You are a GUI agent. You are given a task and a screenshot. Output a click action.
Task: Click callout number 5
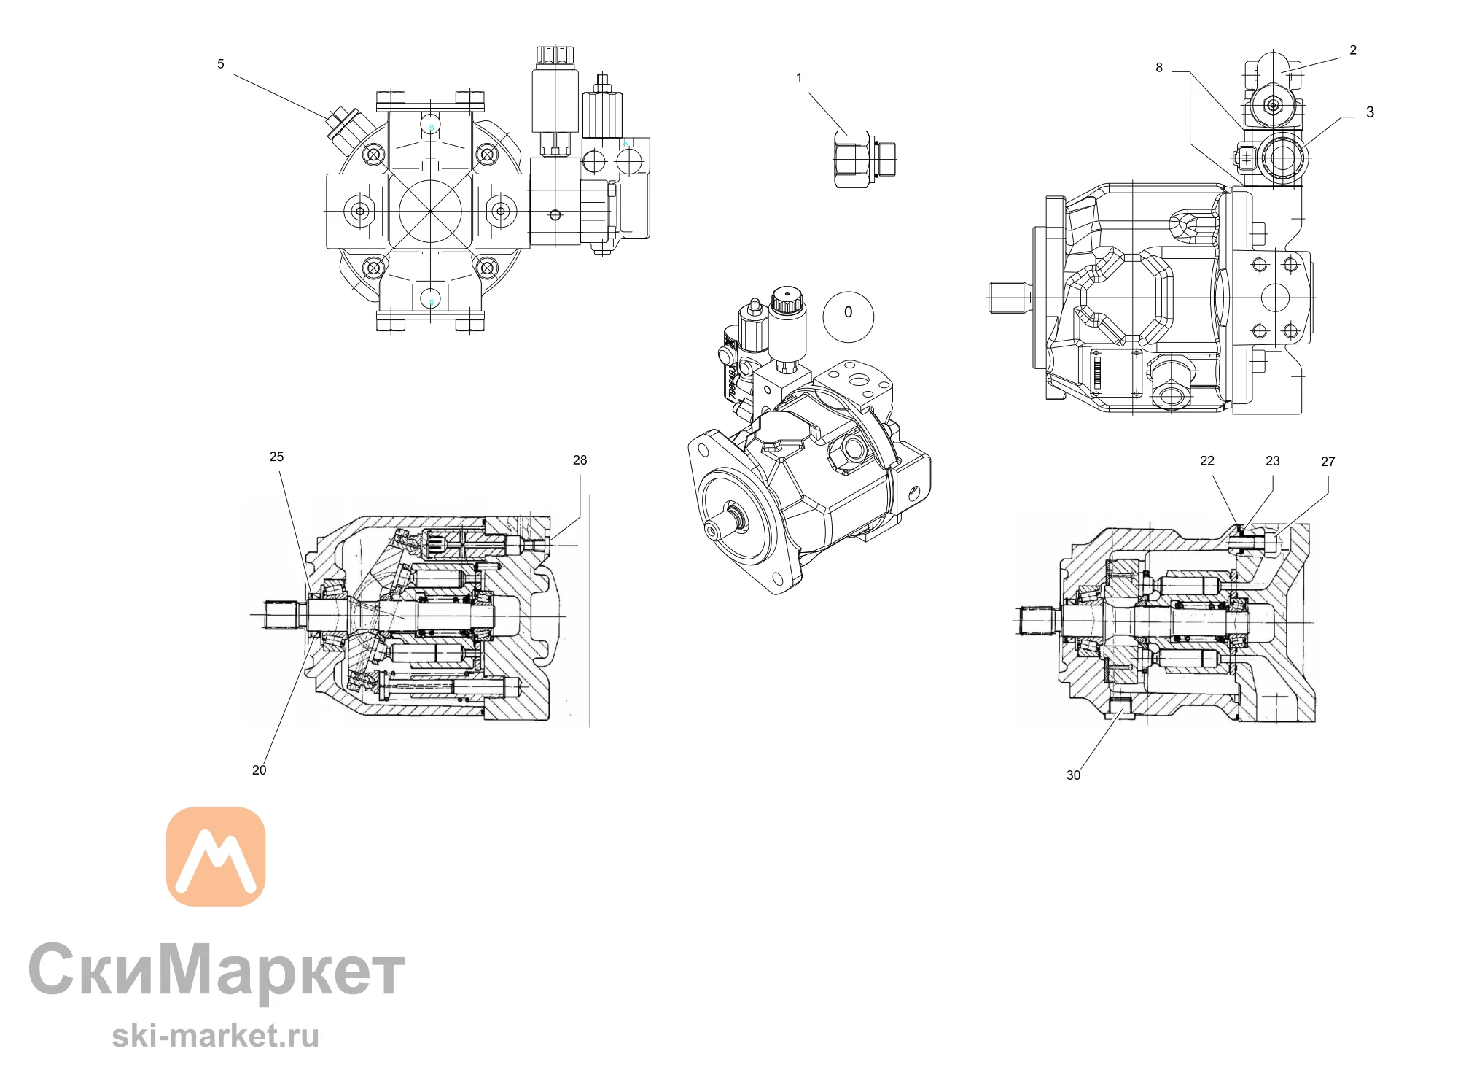click(221, 64)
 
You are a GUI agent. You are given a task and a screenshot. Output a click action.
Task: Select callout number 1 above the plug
click(799, 78)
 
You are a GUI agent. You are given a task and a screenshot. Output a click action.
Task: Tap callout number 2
click(1353, 50)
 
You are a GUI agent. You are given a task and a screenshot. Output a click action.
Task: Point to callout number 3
click(1370, 112)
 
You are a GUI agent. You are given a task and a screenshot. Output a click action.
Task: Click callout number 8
click(1159, 68)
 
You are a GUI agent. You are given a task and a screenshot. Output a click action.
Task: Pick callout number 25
click(276, 457)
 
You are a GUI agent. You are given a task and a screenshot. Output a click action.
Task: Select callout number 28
click(580, 460)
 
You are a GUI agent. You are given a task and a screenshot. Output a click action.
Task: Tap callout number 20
click(259, 770)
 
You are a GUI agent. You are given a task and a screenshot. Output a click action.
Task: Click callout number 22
click(1207, 461)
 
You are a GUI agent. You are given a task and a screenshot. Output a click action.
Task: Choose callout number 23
click(1273, 461)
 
